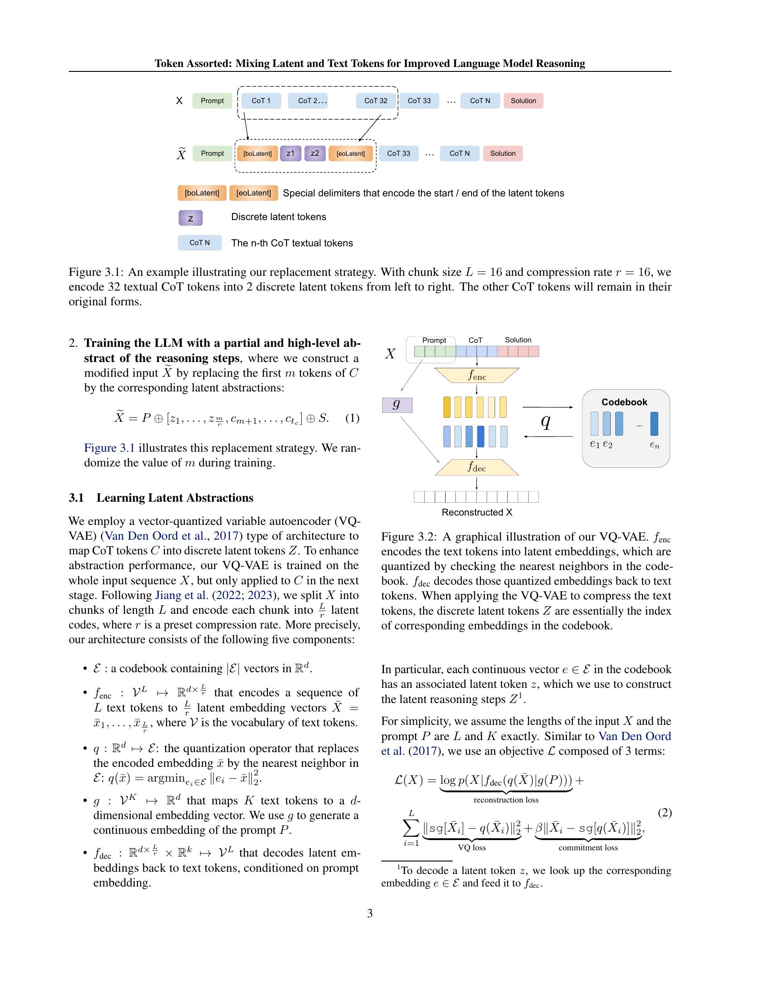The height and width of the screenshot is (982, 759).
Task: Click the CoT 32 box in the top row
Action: point(375,101)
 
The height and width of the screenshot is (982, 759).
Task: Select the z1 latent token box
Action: point(291,153)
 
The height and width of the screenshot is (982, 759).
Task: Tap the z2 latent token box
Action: point(315,153)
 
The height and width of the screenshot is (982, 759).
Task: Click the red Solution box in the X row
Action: point(523,101)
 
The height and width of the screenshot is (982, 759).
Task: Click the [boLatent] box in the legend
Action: point(202,193)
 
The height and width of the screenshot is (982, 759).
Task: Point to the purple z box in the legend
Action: point(191,218)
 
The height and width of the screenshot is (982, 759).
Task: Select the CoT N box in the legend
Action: point(200,243)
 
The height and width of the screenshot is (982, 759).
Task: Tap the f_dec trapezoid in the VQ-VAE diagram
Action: point(477,468)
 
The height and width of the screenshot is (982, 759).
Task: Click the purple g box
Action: point(396,405)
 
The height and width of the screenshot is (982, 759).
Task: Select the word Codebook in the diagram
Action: point(624,403)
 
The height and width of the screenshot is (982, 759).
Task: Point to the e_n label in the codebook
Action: point(654,445)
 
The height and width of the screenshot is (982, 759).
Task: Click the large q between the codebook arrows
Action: point(546,422)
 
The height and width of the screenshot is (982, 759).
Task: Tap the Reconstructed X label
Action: point(477,512)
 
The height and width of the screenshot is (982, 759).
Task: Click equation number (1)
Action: point(352,418)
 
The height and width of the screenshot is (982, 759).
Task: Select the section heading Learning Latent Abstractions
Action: point(175,498)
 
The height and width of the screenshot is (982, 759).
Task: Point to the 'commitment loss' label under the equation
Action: point(588,848)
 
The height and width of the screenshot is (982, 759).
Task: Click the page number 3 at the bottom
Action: point(370,913)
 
